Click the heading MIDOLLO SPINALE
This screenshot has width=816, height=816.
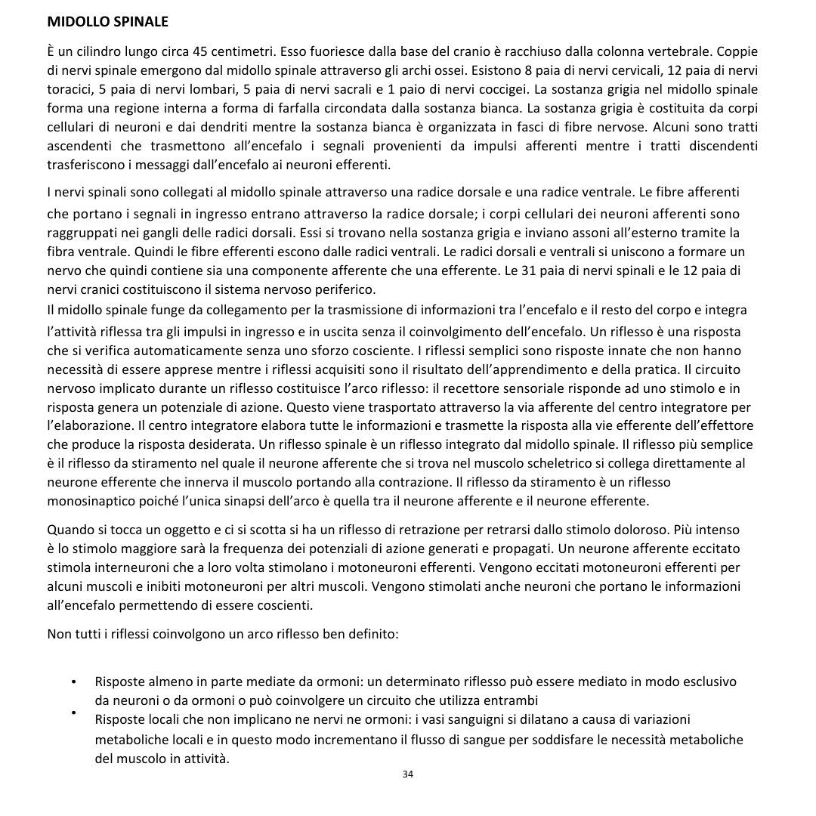107,22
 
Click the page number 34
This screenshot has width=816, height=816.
408,774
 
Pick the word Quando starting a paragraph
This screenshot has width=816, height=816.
70,529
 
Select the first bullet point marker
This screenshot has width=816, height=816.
73,683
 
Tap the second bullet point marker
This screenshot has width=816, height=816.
73,712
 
